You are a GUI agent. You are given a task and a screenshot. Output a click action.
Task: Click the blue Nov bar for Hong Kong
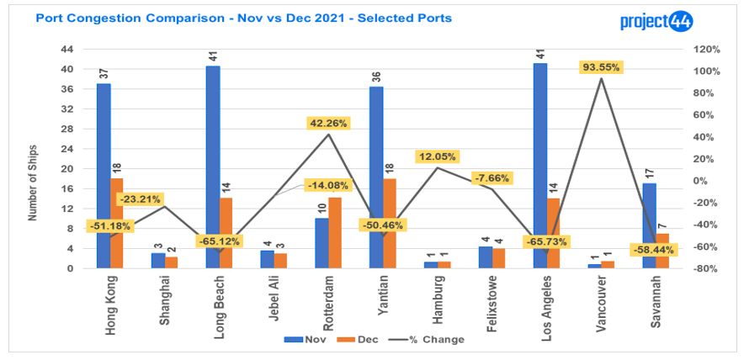coord(104,176)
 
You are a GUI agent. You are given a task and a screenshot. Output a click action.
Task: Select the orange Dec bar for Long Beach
coord(226,233)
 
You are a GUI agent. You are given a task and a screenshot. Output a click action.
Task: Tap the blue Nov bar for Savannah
coord(649,225)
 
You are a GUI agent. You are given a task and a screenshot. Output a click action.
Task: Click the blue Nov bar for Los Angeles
coord(539,166)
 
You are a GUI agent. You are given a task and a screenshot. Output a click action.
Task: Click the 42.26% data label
coord(330,123)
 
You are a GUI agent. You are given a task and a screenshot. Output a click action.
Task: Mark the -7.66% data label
coord(494,177)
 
